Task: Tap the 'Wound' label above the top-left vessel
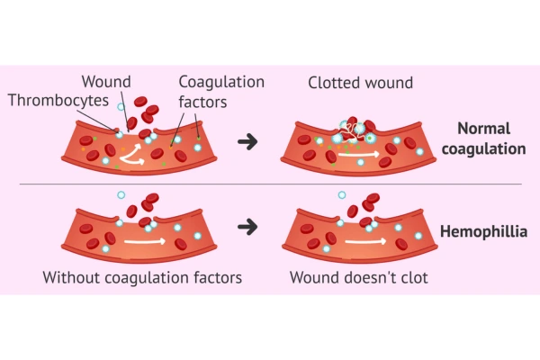point(105,82)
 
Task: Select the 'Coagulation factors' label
point(220,91)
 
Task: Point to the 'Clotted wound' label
point(360,83)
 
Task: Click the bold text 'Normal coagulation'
point(490,138)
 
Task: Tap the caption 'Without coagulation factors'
point(142,277)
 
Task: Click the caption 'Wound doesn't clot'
point(358,277)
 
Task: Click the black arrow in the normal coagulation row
point(247,141)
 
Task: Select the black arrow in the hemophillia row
point(247,227)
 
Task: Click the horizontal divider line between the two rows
point(270,184)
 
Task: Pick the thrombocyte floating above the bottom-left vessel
point(121,194)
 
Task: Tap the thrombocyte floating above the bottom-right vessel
point(341,194)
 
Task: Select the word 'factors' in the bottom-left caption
point(213,277)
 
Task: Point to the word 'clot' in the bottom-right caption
point(412,277)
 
